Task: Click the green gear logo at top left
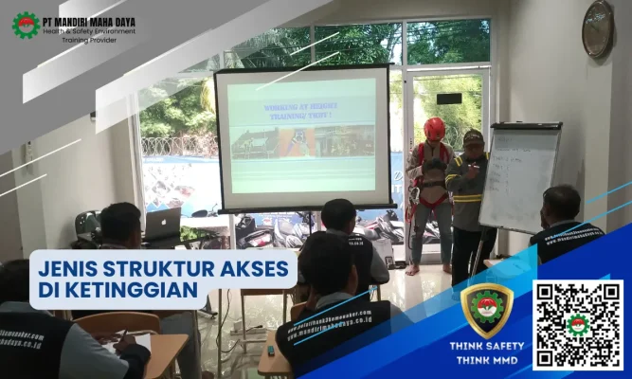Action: pyautogui.click(x=26, y=25)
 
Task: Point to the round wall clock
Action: pyautogui.click(x=598, y=29)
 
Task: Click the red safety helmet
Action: pyautogui.click(x=435, y=129)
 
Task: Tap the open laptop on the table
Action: pyautogui.click(x=162, y=225)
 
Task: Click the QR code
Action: pyautogui.click(x=577, y=325)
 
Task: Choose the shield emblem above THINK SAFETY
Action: pyautogui.click(x=487, y=310)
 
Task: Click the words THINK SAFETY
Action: pyautogui.click(x=487, y=347)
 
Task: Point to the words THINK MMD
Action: pyautogui.click(x=487, y=361)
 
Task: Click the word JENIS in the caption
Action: pyautogui.click(x=69, y=268)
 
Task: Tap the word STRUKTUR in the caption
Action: pyautogui.click(x=156, y=268)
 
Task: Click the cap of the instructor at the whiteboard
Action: pyautogui.click(x=474, y=136)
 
